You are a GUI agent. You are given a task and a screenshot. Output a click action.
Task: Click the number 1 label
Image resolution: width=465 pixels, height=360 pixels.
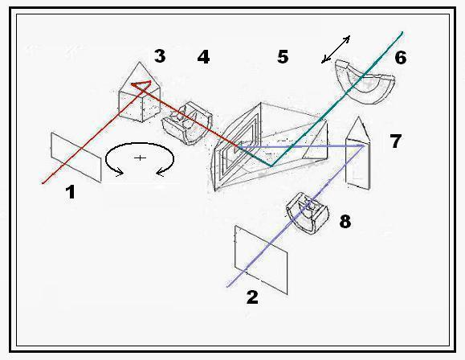[x=71, y=192]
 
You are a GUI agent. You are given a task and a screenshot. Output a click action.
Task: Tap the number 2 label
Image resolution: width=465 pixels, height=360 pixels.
[x=252, y=297]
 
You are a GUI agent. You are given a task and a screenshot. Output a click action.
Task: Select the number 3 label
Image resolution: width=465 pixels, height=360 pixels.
[x=160, y=55]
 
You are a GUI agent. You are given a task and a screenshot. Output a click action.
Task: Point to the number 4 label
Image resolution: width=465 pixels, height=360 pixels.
[x=203, y=57]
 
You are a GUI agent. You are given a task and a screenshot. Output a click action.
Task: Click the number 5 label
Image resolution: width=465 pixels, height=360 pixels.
[x=283, y=56]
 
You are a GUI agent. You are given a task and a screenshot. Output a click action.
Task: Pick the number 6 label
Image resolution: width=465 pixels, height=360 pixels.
[x=401, y=58]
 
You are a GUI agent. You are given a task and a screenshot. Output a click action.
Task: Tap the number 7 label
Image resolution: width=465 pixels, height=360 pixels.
[x=396, y=141]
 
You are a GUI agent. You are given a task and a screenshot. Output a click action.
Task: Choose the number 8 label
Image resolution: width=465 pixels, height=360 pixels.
[x=345, y=222]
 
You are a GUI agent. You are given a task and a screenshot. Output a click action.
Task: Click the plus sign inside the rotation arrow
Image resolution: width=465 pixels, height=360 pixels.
[x=140, y=157]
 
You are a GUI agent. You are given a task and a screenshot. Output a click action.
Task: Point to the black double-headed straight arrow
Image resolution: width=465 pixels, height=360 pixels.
[x=336, y=49]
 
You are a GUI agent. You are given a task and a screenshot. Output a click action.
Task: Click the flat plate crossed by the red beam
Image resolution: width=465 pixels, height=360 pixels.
[x=76, y=157]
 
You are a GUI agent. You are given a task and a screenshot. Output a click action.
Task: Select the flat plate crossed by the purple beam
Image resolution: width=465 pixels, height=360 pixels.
[x=261, y=260]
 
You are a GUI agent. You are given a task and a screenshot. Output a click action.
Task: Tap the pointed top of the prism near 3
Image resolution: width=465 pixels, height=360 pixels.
[x=140, y=62]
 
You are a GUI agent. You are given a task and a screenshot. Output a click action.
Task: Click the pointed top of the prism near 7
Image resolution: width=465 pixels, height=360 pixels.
[x=358, y=117]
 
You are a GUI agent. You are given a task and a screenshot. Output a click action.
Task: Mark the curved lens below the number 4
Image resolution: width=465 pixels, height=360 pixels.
[x=187, y=123]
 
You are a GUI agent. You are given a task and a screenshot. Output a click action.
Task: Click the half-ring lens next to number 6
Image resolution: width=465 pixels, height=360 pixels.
[x=365, y=82]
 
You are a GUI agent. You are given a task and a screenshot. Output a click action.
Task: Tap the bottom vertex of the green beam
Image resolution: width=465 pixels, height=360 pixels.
[x=271, y=166]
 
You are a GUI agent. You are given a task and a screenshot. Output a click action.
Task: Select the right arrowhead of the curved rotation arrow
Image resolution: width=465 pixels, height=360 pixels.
[x=160, y=172]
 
